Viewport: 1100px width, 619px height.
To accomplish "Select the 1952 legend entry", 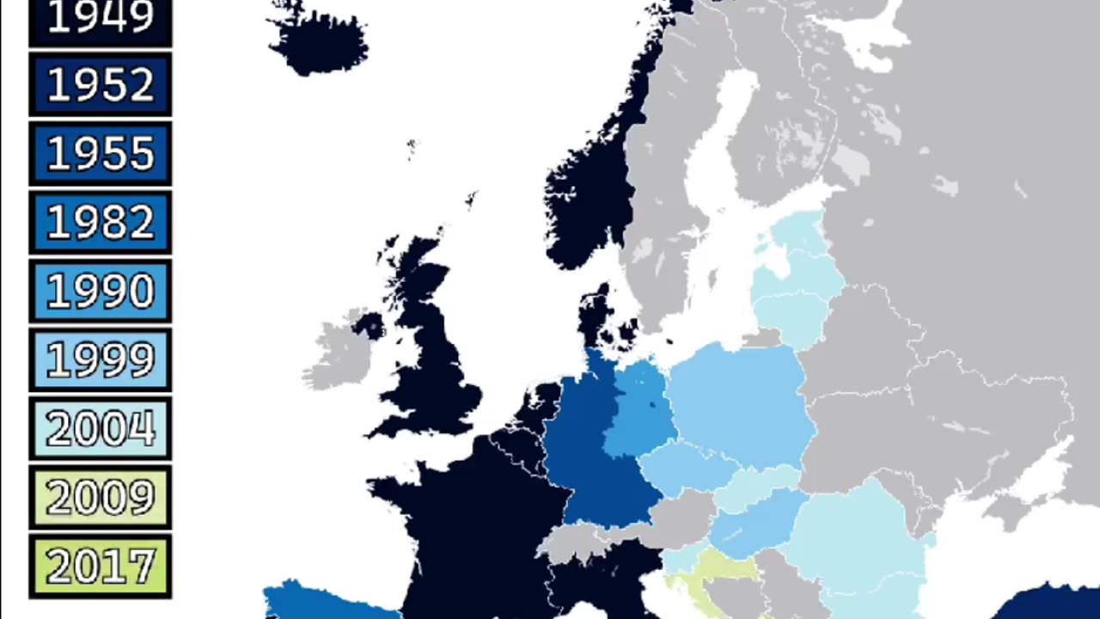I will [x=101, y=84].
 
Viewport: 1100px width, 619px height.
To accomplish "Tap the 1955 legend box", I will [x=101, y=153].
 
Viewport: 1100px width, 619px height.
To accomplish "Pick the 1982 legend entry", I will [x=101, y=222].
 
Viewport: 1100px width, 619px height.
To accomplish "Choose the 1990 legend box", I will [x=101, y=291].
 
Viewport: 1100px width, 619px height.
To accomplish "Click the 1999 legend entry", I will [x=101, y=359].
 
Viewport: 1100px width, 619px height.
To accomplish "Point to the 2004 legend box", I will [x=101, y=428].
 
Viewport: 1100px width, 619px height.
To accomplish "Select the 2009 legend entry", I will [x=101, y=497].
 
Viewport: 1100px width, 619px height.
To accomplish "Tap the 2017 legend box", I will [x=101, y=566].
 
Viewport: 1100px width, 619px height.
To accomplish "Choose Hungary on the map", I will [x=752, y=520].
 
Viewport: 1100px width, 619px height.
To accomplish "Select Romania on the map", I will [x=851, y=533].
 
